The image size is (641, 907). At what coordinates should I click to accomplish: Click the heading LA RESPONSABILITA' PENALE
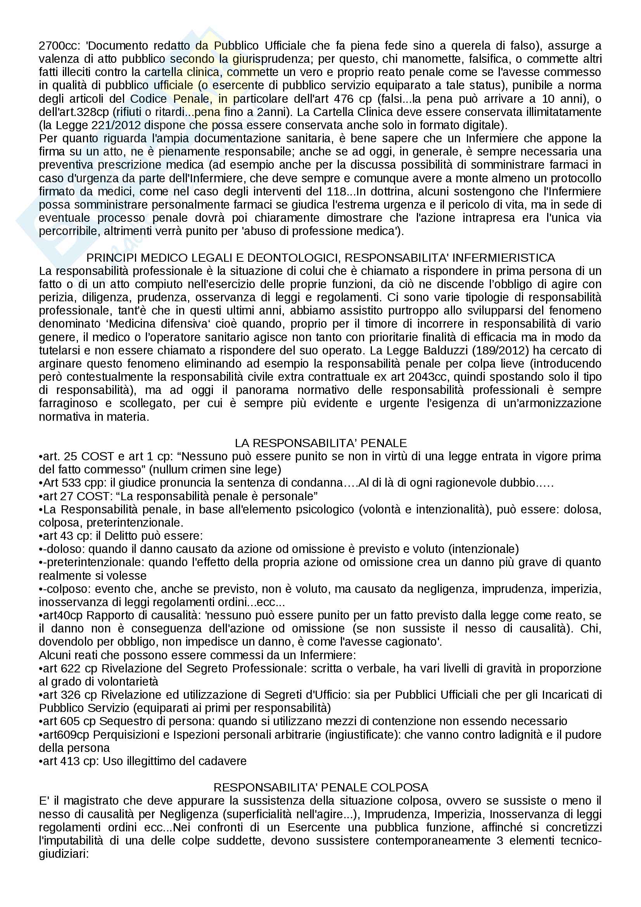click(x=320, y=443)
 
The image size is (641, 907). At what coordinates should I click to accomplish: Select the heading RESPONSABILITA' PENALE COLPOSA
click(x=320, y=787)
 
